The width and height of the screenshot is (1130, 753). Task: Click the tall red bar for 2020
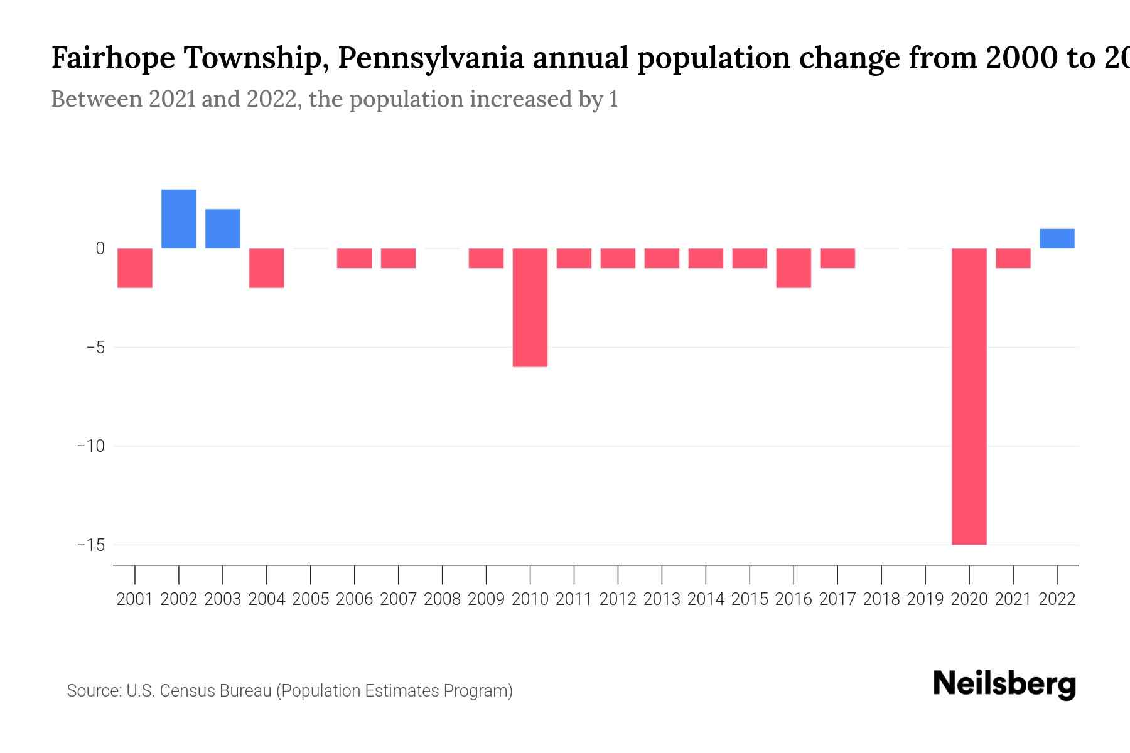[969, 395]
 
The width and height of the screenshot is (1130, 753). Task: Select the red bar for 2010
[530, 307]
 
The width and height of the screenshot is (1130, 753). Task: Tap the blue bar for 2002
[179, 218]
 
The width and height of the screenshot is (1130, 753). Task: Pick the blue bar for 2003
[223, 228]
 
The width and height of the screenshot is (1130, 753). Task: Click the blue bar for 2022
[1057, 238]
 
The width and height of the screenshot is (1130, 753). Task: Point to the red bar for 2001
[135, 268]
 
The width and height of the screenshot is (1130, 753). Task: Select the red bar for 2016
[794, 268]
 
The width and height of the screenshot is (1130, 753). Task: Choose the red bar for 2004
[267, 268]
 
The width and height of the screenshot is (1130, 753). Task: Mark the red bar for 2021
[1013, 258]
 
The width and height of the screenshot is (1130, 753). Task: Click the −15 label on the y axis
[91, 545]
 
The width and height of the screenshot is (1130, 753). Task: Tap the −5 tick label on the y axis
[95, 347]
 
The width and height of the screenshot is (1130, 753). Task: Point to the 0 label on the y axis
[100, 248]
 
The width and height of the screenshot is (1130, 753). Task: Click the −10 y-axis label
[91, 446]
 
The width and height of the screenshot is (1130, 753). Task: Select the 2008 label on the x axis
[442, 599]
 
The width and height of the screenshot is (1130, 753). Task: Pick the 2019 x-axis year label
[925, 599]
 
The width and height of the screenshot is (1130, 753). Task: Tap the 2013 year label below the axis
[662, 599]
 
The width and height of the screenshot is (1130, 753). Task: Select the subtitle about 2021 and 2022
[334, 99]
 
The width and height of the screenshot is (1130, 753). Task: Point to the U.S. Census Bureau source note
[289, 691]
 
